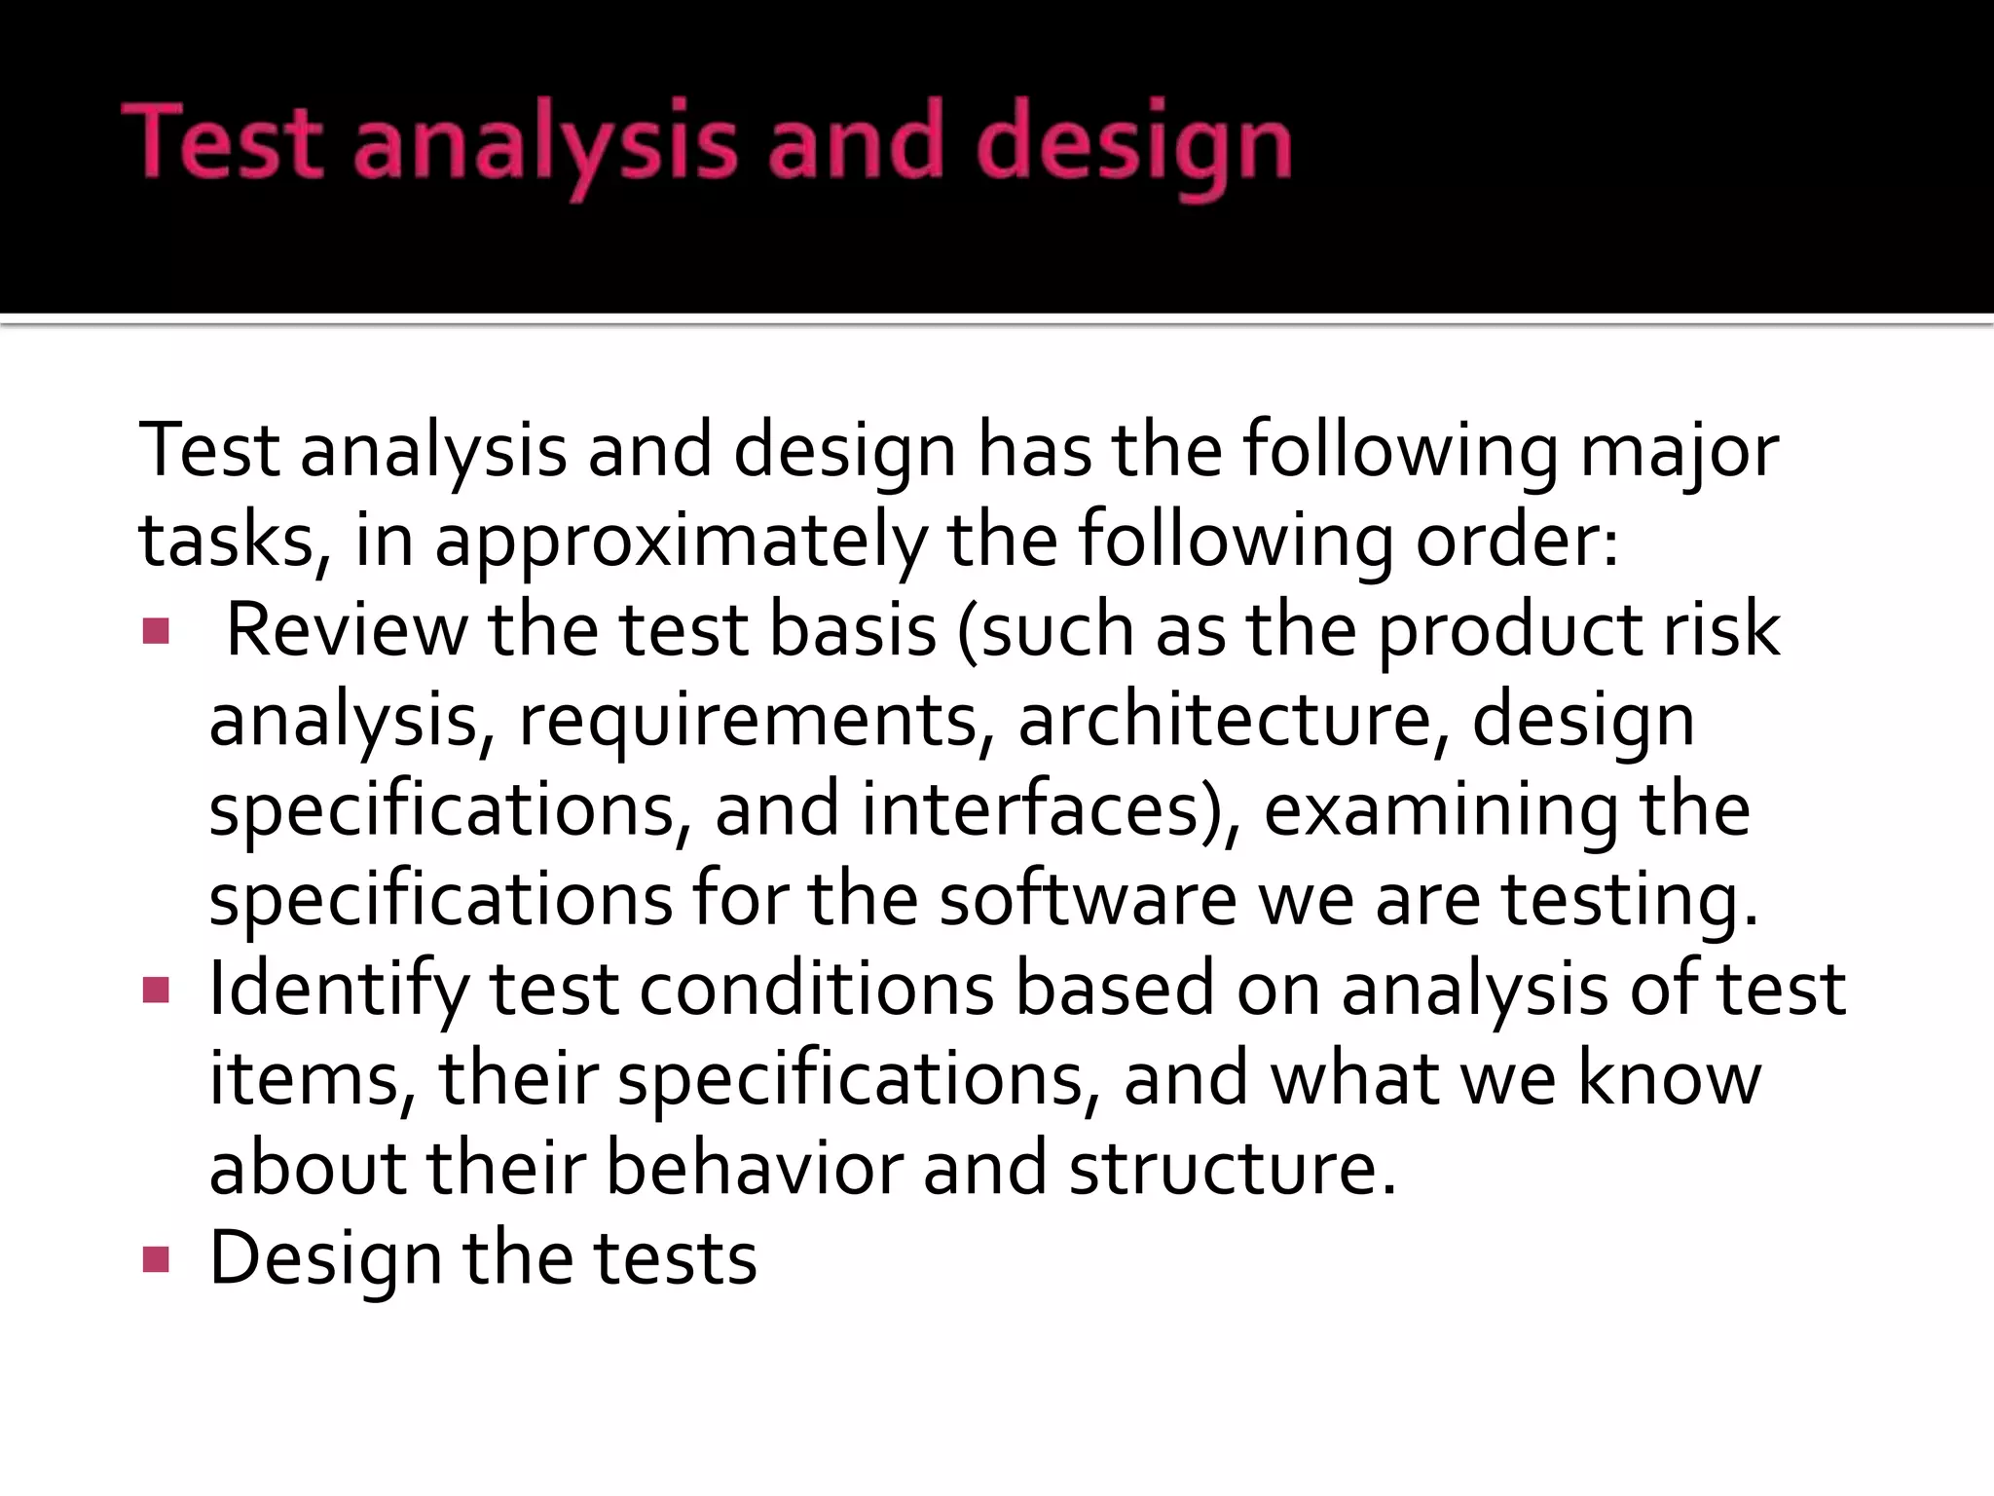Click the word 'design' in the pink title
point(1133,146)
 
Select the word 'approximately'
point(680,542)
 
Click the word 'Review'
point(347,630)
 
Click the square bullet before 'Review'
point(156,631)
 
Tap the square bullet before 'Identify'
point(156,991)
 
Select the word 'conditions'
point(816,989)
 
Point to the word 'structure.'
point(1233,1168)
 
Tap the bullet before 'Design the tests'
point(156,1259)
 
